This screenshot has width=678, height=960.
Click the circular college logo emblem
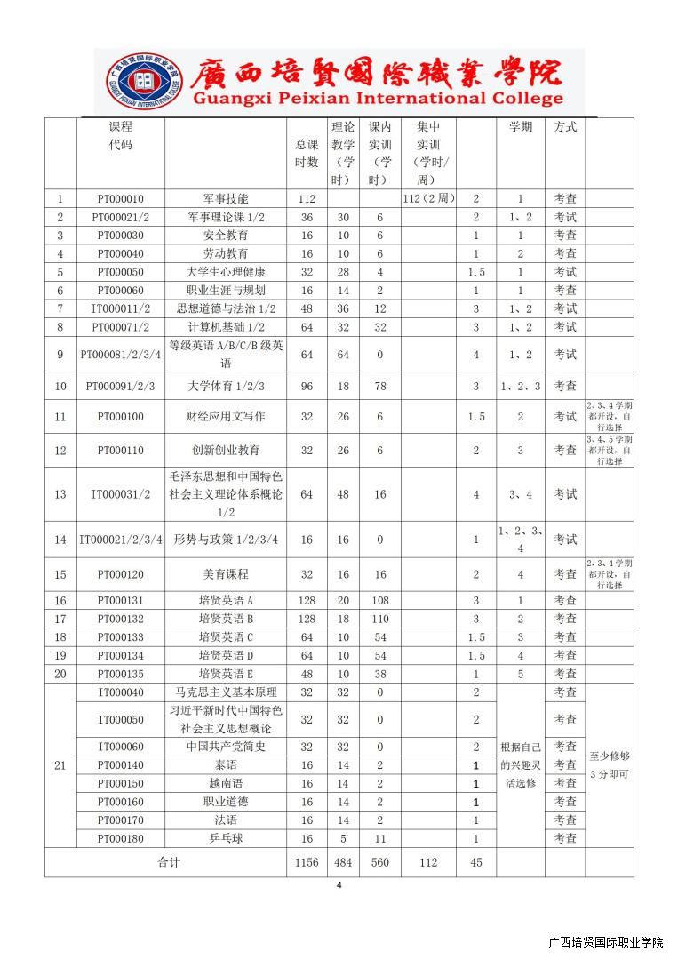(x=144, y=82)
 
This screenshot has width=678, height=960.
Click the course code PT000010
(x=120, y=199)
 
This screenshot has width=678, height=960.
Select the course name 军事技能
(x=226, y=199)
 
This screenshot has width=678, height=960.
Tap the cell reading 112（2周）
(x=428, y=199)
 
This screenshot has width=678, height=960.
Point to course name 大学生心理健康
(x=226, y=272)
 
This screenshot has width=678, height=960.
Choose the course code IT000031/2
(x=120, y=494)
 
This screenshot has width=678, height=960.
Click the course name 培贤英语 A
(x=226, y=600)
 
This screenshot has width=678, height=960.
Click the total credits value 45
(x=475, y=862)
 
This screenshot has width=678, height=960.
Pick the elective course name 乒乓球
(x=226, y=838)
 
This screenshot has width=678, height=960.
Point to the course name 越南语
(x=226, y=783)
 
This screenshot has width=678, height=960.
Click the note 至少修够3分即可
(x=609, y=765)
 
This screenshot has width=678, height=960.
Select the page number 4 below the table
(x=339, y=885)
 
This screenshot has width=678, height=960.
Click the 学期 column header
(x=520, y=127)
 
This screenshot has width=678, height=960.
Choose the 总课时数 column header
(x=307, y=153)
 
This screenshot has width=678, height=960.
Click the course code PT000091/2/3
(x=120, y=386)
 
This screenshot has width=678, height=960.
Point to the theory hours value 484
(x=343, y=862)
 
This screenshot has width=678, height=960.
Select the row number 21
(x=60, y=764)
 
